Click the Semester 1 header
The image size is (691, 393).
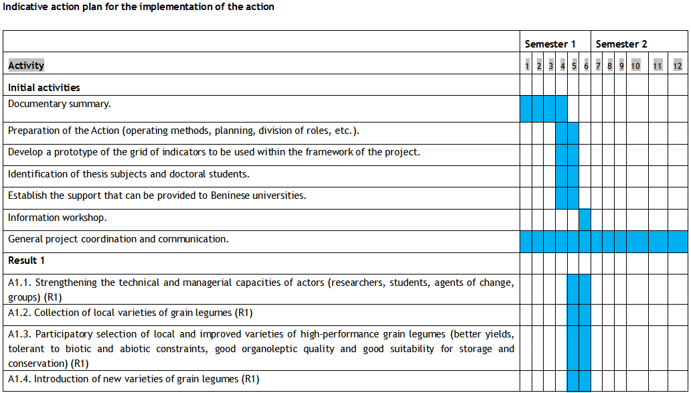point(550,44)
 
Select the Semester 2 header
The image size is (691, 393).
point(621,44)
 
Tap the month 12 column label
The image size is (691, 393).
point(678,66)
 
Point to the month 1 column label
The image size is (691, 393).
point(527,66)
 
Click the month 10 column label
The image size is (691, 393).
point(635,66)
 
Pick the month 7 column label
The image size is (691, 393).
point(598,66)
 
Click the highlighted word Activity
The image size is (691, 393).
point(26,66)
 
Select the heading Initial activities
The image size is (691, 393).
point(44,88)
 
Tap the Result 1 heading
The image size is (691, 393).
point(27,260)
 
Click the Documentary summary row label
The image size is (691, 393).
point(60,104)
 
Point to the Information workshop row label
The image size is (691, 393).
point(58,218)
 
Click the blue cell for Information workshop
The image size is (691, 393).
point(585,220)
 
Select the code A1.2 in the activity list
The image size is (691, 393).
point(19,313)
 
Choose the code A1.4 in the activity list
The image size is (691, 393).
point(19,379)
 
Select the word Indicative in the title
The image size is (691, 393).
point(26,7)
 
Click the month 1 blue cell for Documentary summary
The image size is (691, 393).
point(526,108)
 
